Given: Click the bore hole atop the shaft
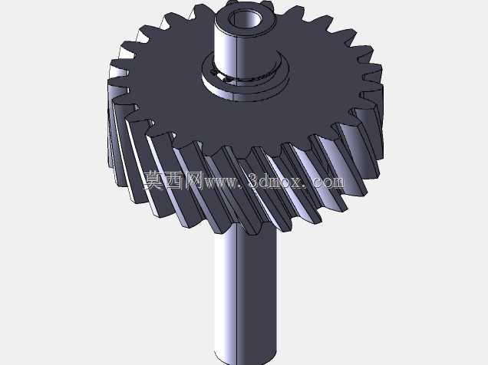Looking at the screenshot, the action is (x=244, y=19).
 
